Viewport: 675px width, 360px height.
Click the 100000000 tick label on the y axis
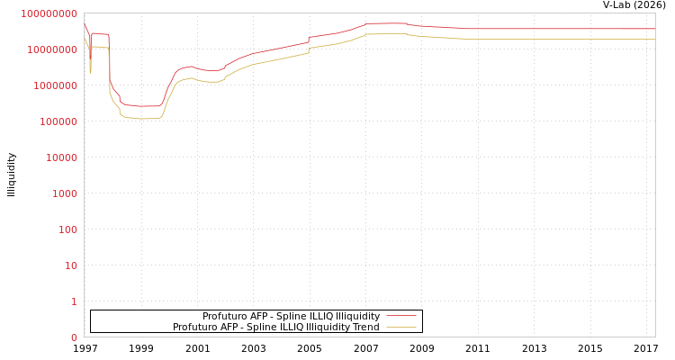point(49,13)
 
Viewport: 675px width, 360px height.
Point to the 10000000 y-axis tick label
point(52,49)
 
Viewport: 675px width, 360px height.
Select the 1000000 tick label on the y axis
point(55,85)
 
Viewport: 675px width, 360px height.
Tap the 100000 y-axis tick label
point(58,121)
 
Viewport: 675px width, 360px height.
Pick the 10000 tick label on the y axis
point(60,157)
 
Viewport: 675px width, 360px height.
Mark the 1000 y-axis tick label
point(63,193)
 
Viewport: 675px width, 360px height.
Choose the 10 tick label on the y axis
point(69,265)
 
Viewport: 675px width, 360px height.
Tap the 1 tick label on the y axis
point(74,301)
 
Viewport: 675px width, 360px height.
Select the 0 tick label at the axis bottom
point(74,337)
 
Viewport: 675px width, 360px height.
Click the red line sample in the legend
point(401,316)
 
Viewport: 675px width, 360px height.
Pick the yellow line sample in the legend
point(401,327)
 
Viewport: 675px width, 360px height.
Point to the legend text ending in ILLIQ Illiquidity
point(291,316)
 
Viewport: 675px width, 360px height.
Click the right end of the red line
point(654,29)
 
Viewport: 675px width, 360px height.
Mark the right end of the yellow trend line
point(654,39)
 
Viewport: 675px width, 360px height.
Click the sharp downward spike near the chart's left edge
point(90,72)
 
